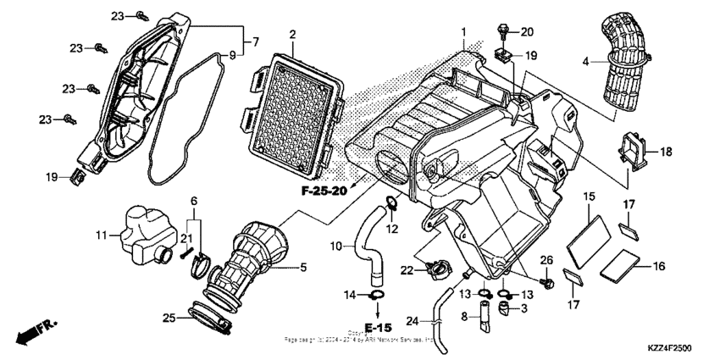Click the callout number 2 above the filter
click(x=291, y=35)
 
